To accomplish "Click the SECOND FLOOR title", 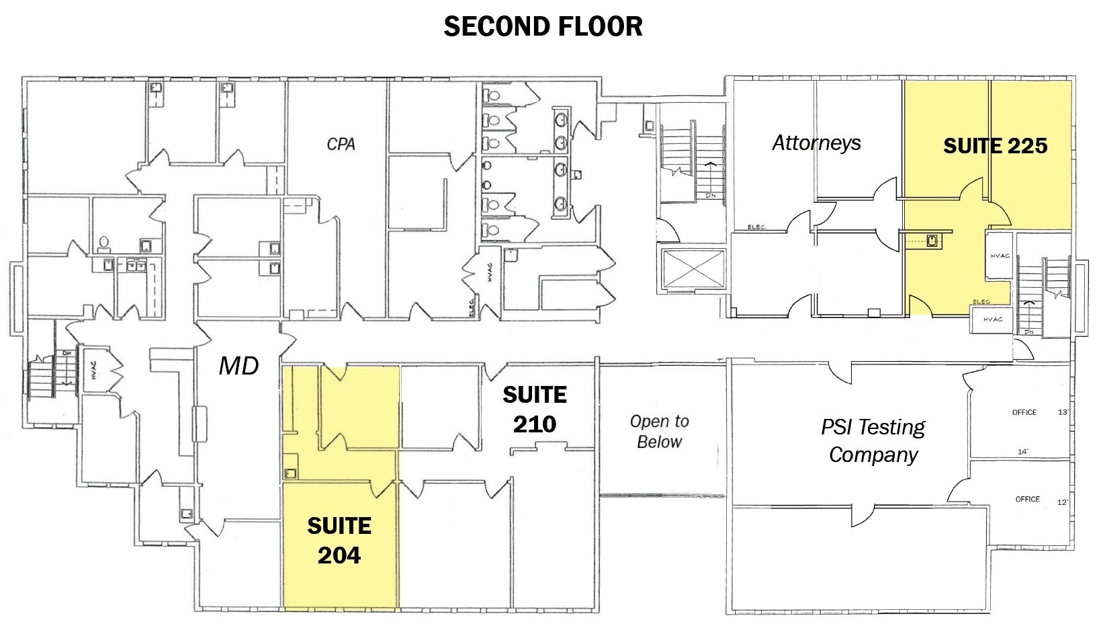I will (543, 26).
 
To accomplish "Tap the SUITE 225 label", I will (995, 146).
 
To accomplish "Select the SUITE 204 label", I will (339, 540).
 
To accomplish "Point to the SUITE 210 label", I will (535, 409).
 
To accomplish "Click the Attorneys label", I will (816, 143).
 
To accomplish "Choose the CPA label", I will (341, 144).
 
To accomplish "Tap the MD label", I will (238, 366).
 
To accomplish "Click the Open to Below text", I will (659, 432).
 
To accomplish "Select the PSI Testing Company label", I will (873, 440).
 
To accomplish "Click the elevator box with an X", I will (693, 270).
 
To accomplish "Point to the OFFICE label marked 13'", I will (1024, 412).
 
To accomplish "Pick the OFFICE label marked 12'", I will (1027, 499).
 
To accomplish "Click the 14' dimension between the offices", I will (1022, 452).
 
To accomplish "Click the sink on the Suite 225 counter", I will (933, 240).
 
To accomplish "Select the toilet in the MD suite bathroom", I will (104, 243).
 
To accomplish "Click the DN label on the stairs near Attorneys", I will (710, 196).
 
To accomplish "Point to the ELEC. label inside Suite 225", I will (981, 301).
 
